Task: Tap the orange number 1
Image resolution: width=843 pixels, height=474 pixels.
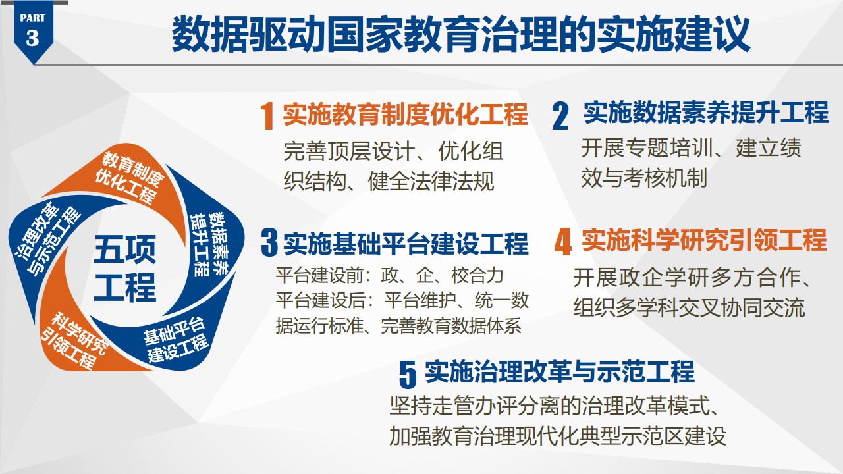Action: (x=267, y=116)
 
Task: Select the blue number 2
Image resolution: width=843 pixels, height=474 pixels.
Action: (x=560, y=117)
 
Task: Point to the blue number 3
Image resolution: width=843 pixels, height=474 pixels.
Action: (x=269, y=243)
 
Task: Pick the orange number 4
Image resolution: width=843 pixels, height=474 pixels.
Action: (x=563, y=242)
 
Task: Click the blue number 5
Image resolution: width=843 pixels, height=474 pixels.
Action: (x=408, y=374)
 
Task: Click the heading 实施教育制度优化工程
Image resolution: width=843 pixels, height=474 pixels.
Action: (x=406, y=114)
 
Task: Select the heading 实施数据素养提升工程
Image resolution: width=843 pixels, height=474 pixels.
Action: (x=706, y=112)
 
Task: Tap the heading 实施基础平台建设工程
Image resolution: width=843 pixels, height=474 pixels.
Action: (x=406, y=244)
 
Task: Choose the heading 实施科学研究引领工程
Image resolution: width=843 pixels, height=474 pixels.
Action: (x=704, y=240)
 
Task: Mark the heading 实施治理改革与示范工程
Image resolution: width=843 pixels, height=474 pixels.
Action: (x=560, y=372)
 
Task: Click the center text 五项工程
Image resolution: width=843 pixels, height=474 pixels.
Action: (x=124, y=268)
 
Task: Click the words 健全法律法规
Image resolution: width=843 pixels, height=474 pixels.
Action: (x=431, y=181)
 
